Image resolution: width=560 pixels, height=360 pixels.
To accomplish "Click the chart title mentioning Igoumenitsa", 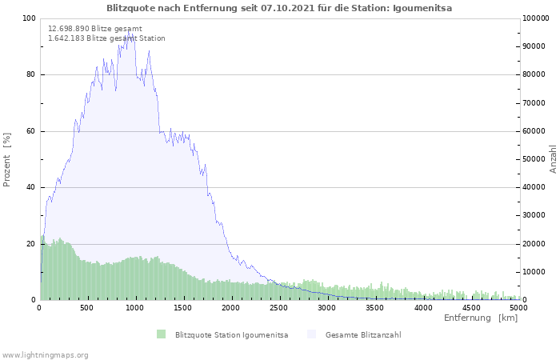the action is point(279,8).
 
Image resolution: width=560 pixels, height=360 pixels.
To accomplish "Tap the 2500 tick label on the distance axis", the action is point(278,308).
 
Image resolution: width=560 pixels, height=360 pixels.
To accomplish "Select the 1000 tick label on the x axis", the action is point(134,308).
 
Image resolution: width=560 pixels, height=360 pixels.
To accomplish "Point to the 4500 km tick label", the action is point(470,308).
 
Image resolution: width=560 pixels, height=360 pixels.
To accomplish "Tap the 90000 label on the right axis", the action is point(534,46).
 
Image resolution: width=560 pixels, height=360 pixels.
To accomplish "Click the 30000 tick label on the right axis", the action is point(534,215).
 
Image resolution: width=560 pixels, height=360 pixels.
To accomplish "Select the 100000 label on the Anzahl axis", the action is point(536,18).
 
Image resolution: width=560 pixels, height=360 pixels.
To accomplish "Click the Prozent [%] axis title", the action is point(6,160).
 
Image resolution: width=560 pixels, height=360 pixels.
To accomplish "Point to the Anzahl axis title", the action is point(553,159).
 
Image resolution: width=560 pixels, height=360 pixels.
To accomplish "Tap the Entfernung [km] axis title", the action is point(481,318).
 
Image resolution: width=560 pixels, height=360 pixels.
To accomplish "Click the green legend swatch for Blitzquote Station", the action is point(161,334).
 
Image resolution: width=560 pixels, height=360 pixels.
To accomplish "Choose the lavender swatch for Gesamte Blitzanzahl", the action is point(311,334).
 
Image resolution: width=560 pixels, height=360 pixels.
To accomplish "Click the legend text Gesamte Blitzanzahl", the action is point(363,335).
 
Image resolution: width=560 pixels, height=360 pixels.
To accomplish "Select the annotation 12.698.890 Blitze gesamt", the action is point(95,29).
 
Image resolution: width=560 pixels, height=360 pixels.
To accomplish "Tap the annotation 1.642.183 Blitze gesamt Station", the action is point(106,38).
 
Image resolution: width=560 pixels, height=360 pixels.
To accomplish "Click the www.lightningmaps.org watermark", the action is point(44,355).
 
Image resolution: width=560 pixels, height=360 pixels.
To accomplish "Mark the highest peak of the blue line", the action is point(129,31).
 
